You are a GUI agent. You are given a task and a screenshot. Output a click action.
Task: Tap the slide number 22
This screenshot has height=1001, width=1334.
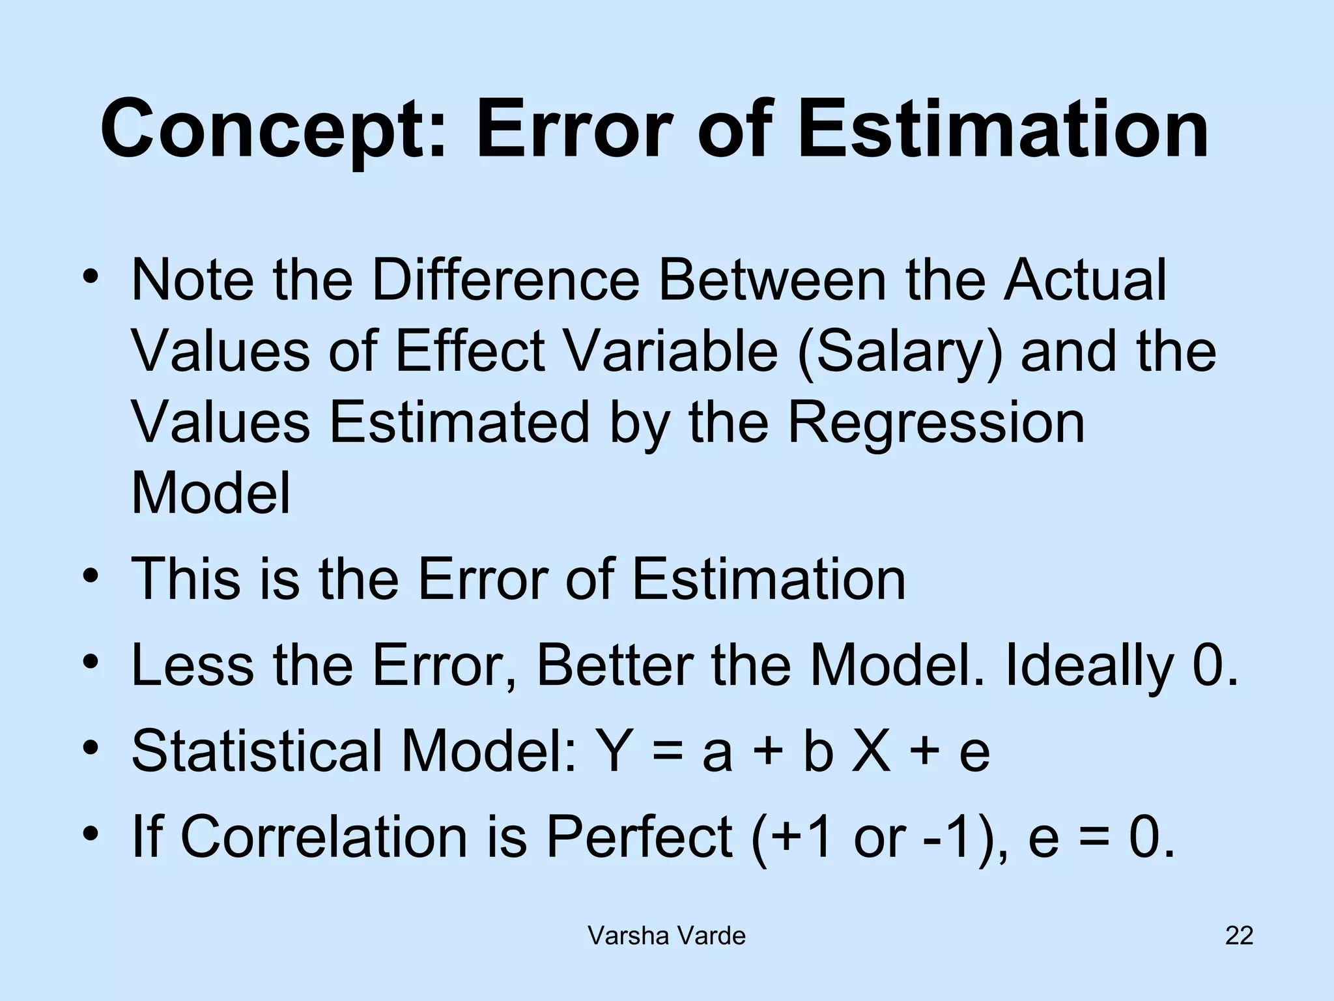point(1239,936)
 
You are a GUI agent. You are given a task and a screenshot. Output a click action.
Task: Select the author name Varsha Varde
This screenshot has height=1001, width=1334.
point(666,936)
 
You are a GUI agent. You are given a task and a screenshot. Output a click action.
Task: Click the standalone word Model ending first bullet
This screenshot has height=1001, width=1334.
point(210,493)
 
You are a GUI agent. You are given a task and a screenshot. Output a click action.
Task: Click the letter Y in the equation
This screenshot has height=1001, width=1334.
point(616,751)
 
